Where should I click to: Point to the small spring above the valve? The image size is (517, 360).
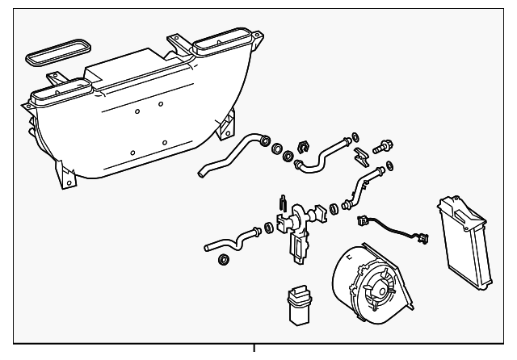(281, 203)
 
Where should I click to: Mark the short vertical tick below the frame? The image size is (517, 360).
(255, 350)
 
